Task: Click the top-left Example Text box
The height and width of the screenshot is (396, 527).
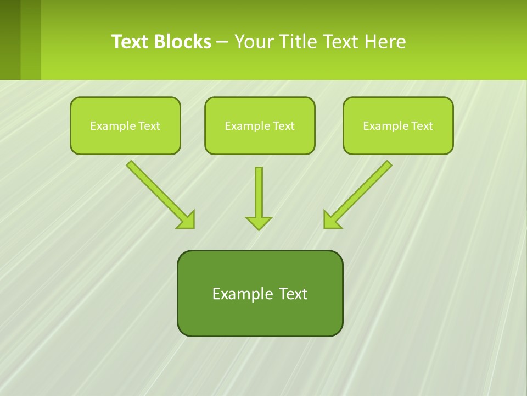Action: tap(125, 126)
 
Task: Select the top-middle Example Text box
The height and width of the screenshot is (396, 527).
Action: tap(260, 126)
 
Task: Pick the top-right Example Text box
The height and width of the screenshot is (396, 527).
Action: tap(398, 126)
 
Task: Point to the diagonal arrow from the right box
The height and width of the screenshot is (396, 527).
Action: tap(362, 190)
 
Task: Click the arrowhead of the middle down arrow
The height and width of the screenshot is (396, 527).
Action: tap(259, 223)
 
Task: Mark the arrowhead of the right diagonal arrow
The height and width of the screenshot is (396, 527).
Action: tap(331, 220)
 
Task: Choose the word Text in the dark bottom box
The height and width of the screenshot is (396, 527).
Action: tap(294, 294)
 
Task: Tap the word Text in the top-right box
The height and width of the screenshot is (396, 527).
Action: tap(422, 126)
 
